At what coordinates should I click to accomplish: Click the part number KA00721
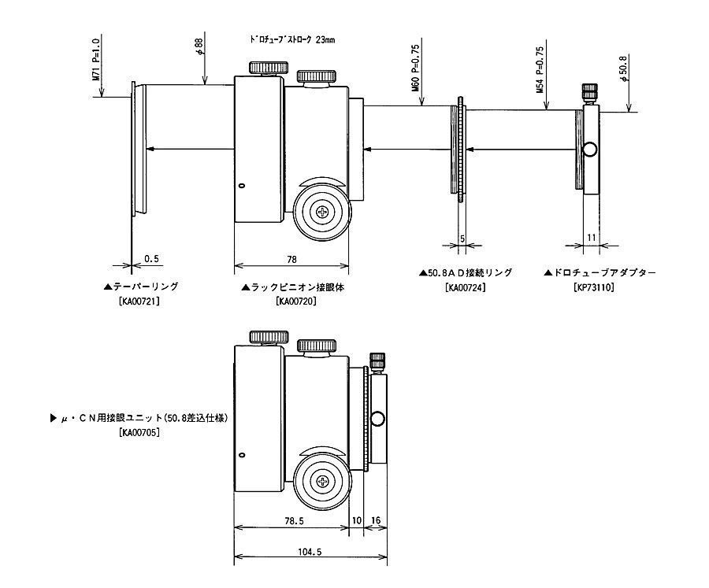tap(141, 301)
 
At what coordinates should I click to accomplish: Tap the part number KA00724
tap(465, 287)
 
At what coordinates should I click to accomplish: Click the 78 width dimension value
tap(291, 258)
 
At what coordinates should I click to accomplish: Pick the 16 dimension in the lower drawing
tap(375, 520)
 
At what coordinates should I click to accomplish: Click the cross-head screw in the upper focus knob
tap(322, 211)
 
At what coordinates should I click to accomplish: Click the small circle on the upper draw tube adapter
tap(589, 150)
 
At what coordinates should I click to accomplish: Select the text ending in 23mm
tap(291, 39)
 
